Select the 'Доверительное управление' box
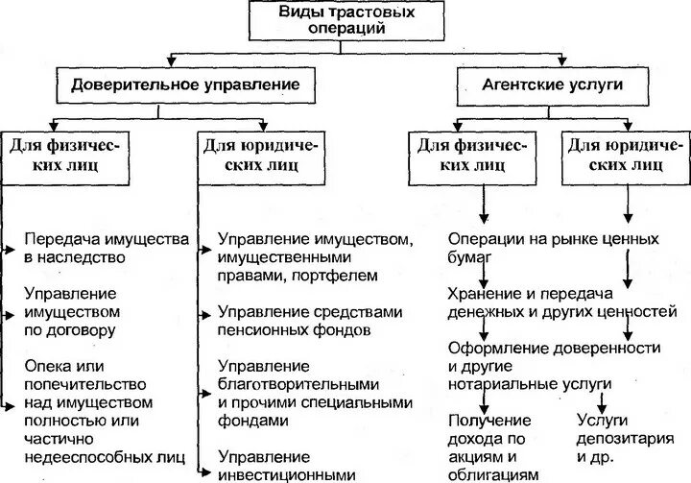click(184, 85)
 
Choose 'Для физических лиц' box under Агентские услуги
click(471, 155)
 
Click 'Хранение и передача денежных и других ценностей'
click(562, 302)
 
